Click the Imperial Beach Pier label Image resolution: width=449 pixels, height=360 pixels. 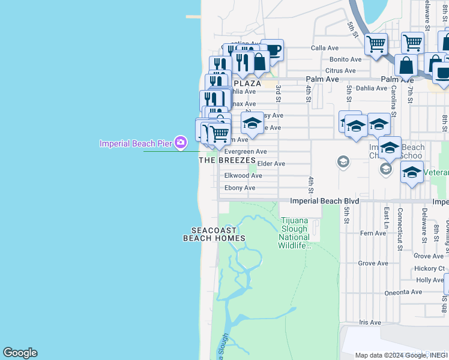(135, 143)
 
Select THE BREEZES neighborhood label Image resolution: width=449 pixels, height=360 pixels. (228, 161)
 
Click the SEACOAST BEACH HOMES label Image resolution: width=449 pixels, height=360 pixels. (214, 235)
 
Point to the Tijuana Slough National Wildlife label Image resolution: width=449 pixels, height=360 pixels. (294, 233)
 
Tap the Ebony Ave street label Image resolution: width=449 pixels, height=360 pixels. (240, 188)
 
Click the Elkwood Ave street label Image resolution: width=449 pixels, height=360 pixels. (243, 176)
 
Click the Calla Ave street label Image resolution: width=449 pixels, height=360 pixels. (324, 48)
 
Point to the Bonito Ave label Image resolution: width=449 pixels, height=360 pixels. (346, 59)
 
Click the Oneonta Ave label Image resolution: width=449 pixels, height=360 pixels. (403, 292)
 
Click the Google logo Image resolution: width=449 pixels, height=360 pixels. (20, 353)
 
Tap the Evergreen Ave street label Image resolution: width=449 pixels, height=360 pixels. (245, 152)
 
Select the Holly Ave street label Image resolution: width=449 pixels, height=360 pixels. (430, 280)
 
